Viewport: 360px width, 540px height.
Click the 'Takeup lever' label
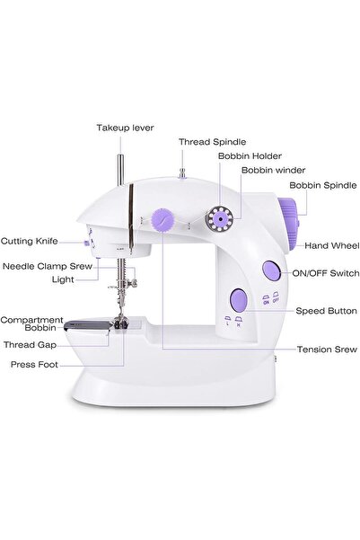point(125,128)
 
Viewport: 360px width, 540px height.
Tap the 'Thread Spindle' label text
point(207,142)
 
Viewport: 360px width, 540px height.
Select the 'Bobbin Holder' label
point(244,155)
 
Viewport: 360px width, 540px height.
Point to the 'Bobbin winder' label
point(273,169)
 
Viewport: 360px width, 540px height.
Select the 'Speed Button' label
point(326,311)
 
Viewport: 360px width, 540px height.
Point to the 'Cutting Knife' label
point(30,241)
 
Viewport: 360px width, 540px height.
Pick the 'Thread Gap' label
point(31,343)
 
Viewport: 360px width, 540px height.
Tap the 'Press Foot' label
point(35,365)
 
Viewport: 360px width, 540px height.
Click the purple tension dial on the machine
point(162,218)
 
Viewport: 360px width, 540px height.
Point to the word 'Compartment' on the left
point(31,319)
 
